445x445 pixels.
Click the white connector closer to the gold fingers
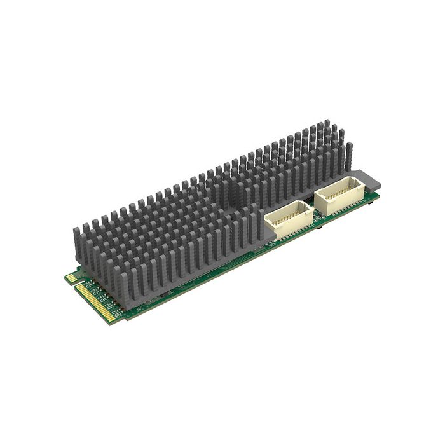pos(289,220)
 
